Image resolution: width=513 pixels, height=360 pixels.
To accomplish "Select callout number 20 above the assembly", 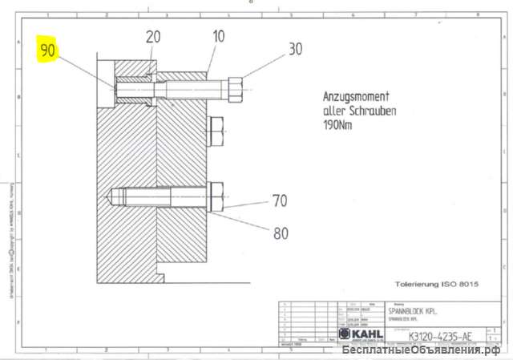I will point(152,37).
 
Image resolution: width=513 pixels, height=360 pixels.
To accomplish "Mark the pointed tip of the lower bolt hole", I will point(110,196).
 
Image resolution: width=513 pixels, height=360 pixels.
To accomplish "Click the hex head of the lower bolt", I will point(216,197).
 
